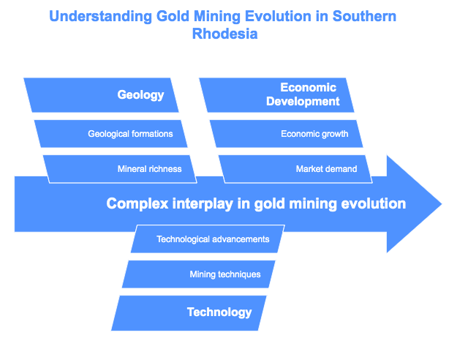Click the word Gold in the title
pyautogui.click(x=173, y=16)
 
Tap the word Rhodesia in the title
pyautogui.click(x=224, y=34)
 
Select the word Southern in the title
pyautogui.click(x=364, y=16)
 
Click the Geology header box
pyautogui.click(x=101, y=95)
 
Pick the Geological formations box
pyautogui.click(x=110, y=134)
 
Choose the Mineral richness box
pyautogui.click(x=120, y=169)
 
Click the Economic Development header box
pyautogui.click(x=276, y=95)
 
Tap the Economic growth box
pyautogui.click(x=286, y=134)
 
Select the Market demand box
pyautogui.click(x=295, y=169)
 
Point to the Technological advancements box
pyautogui.click(x=208, y=239)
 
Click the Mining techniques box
pyautogui.click(x=198, y=274)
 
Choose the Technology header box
pyautogui.click(x=189, y=313)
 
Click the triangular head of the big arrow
pyautogui.click(x=414, y=204)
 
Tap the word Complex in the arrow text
pyautogui.click(x=137, y=203)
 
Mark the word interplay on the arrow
pyautogui.click(x=203, y=203)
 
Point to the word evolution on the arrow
pyautogui.click(x=374, y=203)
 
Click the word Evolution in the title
pyautogui.click(x=278, y=16)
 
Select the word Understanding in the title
pyautogui.click(x=101, y=16)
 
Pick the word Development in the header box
pyautogui.click(x=303, y=102)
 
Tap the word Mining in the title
pyautogui.click(x=217, y=16)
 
